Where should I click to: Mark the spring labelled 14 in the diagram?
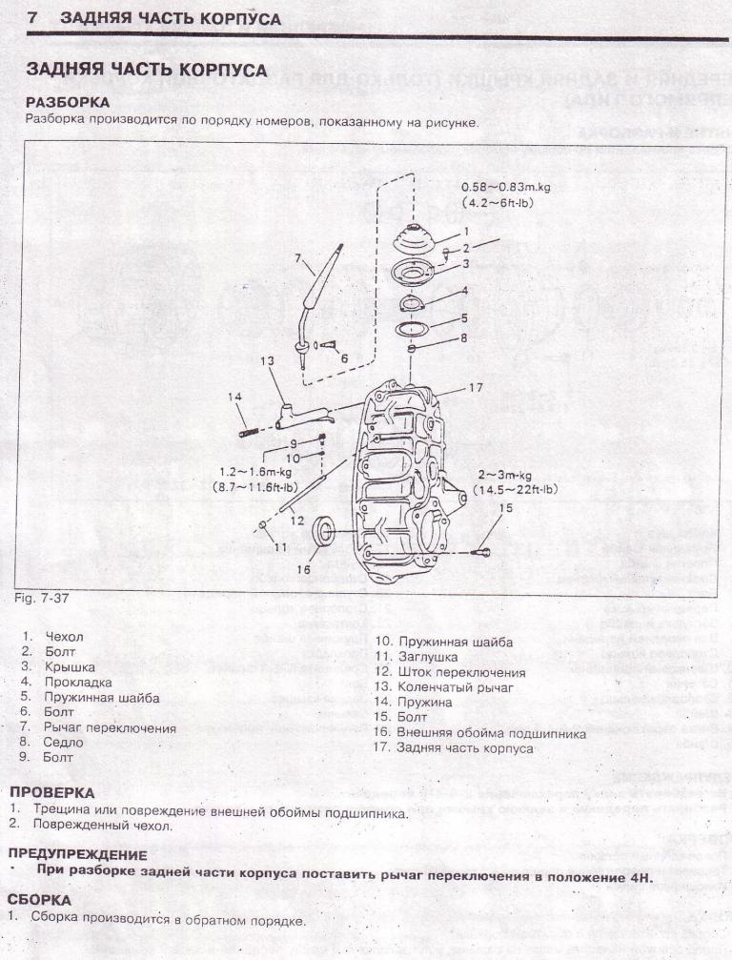[252, 430]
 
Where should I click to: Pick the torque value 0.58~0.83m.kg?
[505, 188]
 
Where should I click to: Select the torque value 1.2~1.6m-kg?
[254, 471]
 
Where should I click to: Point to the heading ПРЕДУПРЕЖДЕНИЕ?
[77, 854]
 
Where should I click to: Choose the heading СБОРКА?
[38, 899]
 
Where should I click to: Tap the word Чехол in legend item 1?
[64, 636]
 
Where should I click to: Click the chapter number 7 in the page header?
[33, 18]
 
